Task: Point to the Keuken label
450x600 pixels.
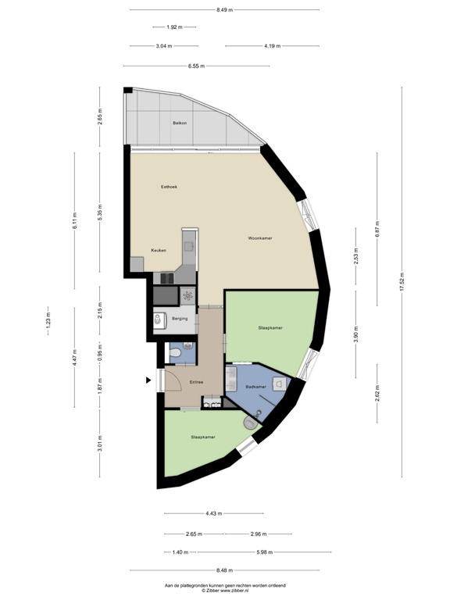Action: (159, 250)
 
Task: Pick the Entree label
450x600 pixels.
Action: (196, 382)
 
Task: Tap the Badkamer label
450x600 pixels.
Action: (255, 387)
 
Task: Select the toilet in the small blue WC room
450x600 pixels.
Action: (177, 355)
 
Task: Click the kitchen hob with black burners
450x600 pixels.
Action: (166, 278)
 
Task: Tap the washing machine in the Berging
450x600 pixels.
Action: (187, 295)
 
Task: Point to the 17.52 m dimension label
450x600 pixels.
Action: (402, 282)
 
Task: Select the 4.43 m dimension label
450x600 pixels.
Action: (212, 513)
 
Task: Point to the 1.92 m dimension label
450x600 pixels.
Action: (174, 27)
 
